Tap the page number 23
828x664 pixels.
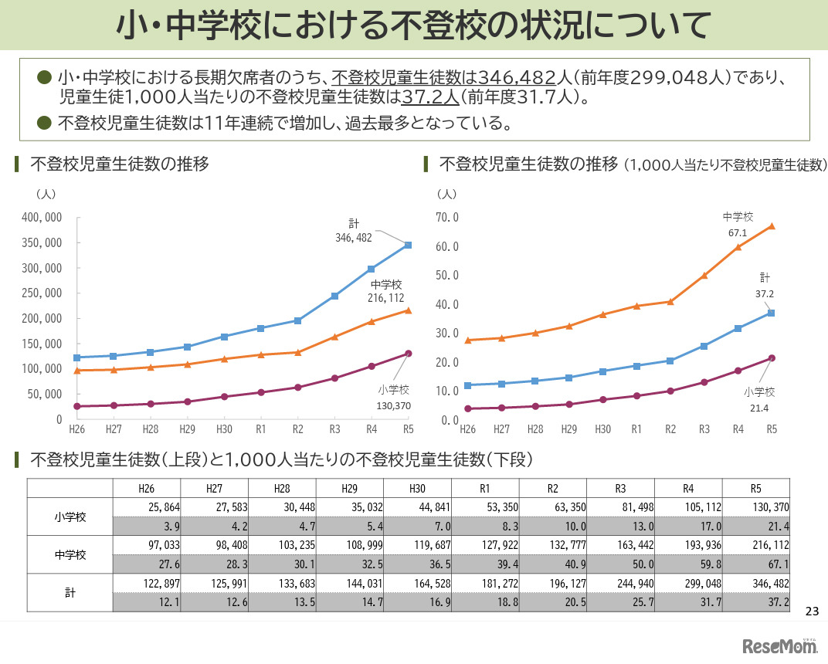(x=811, y=611)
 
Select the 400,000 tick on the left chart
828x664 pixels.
(x=42, y=218)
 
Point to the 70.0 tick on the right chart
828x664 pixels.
(x=447, y=218)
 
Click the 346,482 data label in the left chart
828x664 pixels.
(x=353, y=239)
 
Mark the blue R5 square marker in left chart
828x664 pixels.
(x=408, y=246)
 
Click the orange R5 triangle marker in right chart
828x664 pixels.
(x=771, y=226)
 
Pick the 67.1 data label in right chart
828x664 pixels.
(x=737, y=232)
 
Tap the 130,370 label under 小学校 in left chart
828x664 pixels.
(x=394, y=405)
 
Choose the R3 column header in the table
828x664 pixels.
(x=620, y=488)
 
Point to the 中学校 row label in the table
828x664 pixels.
(x=70, y=555)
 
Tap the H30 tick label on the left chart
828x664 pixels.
(x=225, y=429)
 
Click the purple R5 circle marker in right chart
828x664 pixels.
(x=771, y=358)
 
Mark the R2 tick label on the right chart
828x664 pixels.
(x=670, y=429)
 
